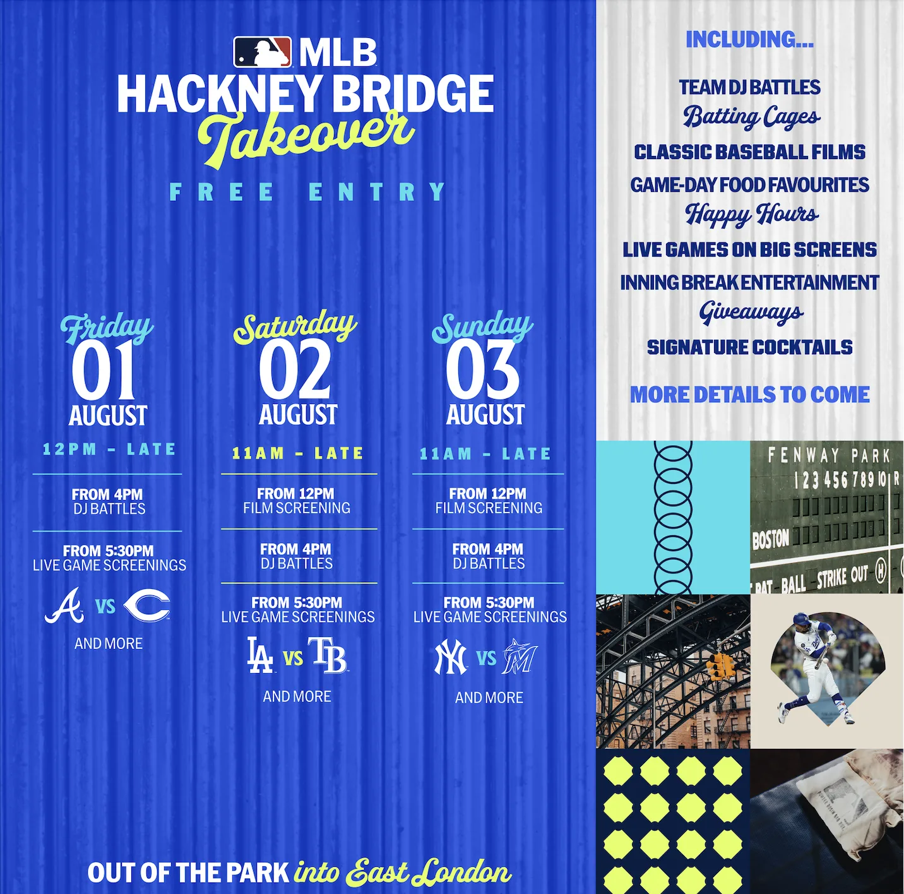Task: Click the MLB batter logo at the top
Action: (263, 52)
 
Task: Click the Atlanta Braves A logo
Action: (65, 605)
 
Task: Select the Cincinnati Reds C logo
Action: (147, 606)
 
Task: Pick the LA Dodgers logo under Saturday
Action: (260, 655)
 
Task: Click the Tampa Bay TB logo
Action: (328, 655)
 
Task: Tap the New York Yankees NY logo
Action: (451, 658)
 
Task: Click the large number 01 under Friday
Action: (104, 370)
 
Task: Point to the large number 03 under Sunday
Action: (482, 370)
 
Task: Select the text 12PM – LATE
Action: (109, 449)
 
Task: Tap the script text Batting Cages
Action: (751, 117)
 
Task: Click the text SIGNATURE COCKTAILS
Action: (750, 347)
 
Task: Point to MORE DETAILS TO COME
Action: (750, 394)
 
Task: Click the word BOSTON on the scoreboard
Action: (771, 539)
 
